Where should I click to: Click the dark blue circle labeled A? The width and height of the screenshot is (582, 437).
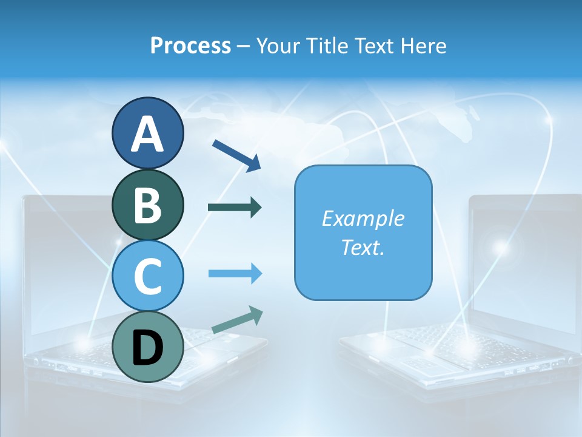[147, 133]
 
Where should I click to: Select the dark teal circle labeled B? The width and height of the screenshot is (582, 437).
[147, 205]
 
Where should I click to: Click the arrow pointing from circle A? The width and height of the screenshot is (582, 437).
[236, 155]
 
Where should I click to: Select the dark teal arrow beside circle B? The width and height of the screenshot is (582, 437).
[235, 208]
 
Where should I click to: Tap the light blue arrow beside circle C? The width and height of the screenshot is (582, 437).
[235, 274]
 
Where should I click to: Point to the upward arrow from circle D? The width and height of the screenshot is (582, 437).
[237, 320]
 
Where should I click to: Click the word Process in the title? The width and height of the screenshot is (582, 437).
[190, 46]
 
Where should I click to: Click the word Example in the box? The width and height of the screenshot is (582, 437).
[363, 218]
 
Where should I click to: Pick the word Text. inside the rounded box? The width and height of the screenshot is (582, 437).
[363, 248]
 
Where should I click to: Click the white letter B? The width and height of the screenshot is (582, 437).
[147, 205]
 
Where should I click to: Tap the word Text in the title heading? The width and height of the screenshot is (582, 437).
[377, 46]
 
